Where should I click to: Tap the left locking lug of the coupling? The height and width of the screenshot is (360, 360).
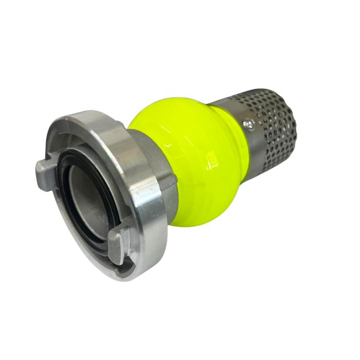click(x=46, y=168)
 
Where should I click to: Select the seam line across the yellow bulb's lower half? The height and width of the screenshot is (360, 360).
click(x=206, y=206)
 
